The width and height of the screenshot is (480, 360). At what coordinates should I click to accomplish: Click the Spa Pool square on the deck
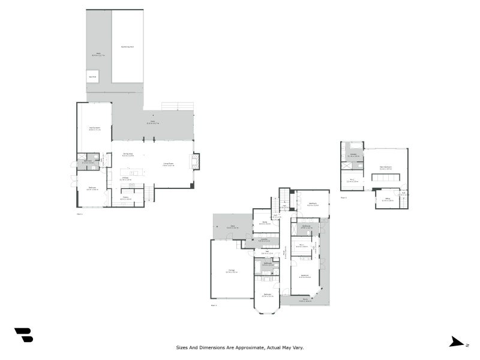93,77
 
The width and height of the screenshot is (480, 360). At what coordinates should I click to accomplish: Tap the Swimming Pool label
127,46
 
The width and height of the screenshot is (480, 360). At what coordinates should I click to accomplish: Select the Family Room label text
94,128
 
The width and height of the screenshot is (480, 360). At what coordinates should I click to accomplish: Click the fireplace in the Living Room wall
195,161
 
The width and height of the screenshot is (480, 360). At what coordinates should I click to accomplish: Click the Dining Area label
127,154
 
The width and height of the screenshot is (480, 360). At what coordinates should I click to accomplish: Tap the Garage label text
231,271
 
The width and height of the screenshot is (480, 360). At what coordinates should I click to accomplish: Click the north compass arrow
457,342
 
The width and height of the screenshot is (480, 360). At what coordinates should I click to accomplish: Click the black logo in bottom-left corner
23,335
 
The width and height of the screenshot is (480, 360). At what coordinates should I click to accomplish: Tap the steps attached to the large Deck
177,106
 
